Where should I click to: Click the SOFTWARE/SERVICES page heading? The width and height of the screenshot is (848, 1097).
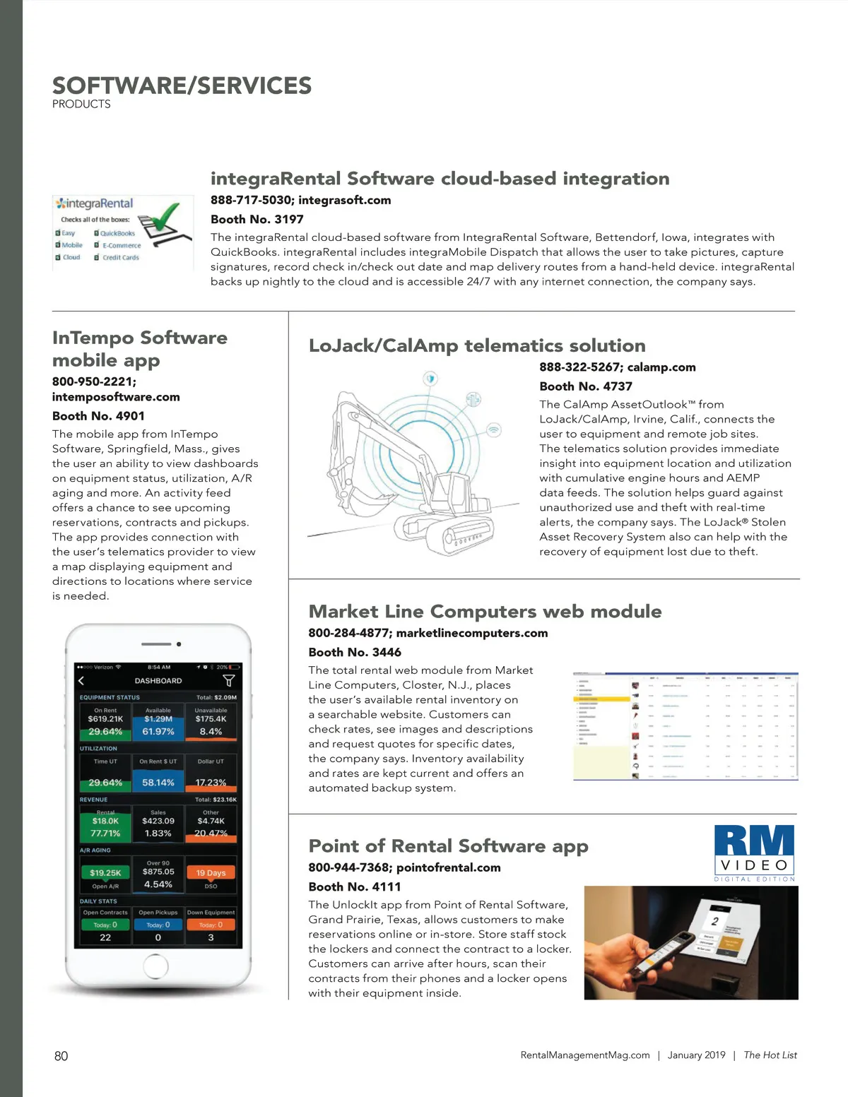pos(182,86)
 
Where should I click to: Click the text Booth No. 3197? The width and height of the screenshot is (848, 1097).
pos(257,220)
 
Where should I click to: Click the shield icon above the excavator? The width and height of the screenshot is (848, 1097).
pos(430,379)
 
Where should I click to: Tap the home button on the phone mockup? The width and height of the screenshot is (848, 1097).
pos(155,965)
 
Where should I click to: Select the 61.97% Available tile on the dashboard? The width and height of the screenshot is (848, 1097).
pos(158,723)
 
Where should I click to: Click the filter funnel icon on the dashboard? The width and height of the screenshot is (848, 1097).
pos(228,681)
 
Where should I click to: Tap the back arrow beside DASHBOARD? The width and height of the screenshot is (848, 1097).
pos(81,681)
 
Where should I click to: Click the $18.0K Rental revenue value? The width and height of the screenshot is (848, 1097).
pos(105,821)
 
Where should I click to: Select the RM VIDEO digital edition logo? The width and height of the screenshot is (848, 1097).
pos(754,853)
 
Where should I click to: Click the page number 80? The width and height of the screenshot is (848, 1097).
pos(61,1056)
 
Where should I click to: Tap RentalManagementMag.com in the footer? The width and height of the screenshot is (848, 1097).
pos(584,1055)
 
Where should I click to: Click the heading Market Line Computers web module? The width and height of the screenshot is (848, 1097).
pos(485,612)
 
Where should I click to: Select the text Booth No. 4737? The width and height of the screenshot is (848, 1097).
pos(585,386)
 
